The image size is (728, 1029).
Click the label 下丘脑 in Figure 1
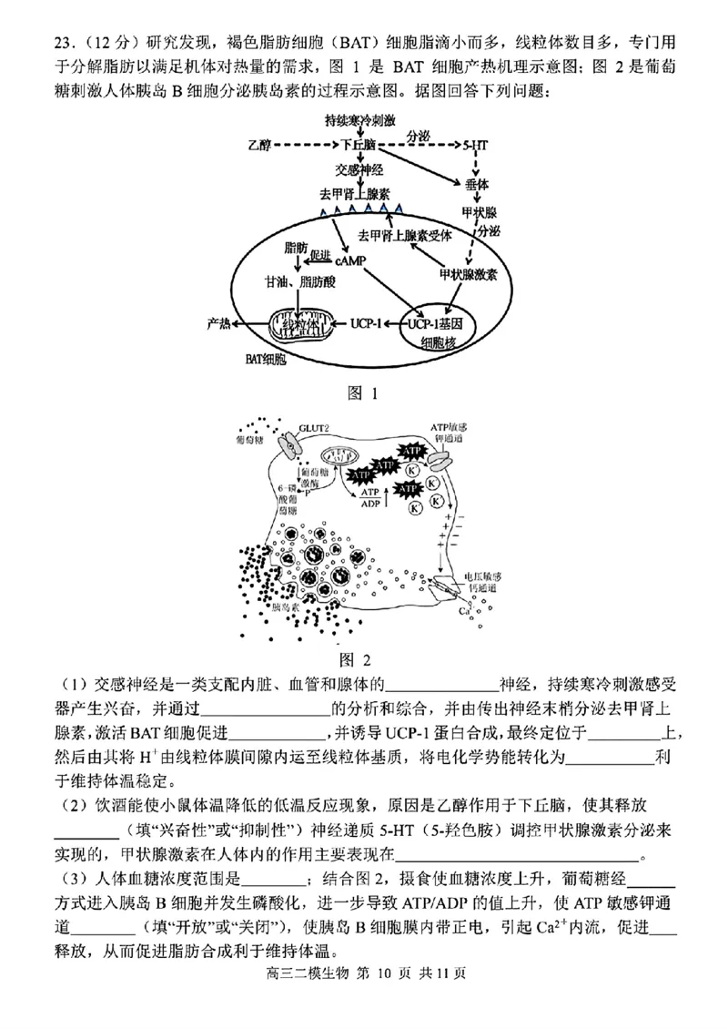[359, 145]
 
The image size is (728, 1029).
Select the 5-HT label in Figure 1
[475, 145]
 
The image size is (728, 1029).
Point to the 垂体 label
[476, 184]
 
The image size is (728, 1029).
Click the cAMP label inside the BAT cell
[349, 260]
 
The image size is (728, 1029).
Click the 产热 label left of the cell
[218, 322]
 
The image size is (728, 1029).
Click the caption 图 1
[362, 393]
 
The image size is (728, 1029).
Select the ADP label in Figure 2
[370, 503]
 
